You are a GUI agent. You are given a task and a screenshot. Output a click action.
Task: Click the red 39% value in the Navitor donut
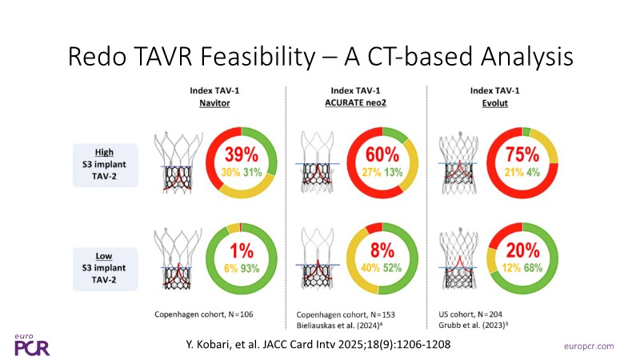pos(242,154)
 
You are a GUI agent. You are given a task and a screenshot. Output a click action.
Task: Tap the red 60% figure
pos(382,154)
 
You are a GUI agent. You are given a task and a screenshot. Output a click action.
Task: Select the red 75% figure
pos(522,154)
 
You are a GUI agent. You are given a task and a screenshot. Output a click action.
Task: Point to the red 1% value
pos(242,250)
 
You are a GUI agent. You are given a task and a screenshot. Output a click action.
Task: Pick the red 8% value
pos(382,250)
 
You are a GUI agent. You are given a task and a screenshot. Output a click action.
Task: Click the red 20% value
pos(523,250)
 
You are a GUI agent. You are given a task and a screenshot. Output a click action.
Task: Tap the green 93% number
pos(250,269)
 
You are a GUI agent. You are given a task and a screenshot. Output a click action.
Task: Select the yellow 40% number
pos(370,268)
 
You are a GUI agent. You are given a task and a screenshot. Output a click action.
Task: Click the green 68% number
pos(534,268)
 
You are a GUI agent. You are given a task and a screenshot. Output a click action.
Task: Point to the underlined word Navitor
pos(214,103)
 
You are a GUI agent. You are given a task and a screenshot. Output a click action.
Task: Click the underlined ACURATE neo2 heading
pos(355,103)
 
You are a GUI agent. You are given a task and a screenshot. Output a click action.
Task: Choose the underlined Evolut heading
pos(494,103)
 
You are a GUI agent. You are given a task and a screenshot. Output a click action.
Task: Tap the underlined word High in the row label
pos(104,152)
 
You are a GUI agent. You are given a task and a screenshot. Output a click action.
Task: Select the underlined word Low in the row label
pos(104,256)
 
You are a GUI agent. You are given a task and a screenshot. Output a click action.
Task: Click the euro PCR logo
pos(32,346)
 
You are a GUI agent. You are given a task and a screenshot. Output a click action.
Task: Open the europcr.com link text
pos(589,346)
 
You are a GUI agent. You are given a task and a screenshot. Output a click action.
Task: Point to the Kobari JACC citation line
pos(318,345)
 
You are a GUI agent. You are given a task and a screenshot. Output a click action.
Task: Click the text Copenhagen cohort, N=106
pos(204,314)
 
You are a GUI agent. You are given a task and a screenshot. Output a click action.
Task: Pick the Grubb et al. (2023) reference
pos(474,326)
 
